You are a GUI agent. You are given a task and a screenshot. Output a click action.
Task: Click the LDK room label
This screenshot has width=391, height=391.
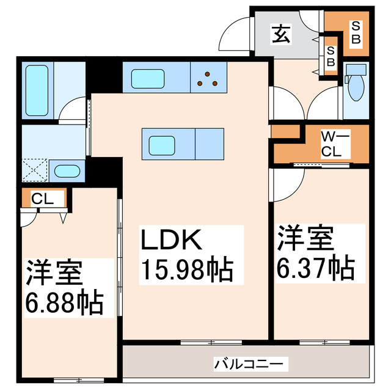click(x=172, y=240)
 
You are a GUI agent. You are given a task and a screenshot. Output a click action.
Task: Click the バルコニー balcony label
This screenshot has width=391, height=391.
click(x=248, y=365)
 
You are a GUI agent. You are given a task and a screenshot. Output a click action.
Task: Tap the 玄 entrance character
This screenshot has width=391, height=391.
click(x=281, y=35)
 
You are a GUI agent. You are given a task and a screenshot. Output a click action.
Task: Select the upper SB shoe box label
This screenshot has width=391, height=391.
click(x=356, y=31)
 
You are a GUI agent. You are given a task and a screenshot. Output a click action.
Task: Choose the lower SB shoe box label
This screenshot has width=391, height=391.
click(x=331, y=59)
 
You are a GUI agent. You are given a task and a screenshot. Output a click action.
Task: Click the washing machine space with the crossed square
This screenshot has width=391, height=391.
click(x=34, y=170)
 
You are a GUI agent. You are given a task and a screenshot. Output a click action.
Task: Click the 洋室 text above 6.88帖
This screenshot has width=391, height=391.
click(x=53, y=272)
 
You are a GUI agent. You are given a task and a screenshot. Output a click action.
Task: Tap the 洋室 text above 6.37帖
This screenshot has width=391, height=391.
click(x=306, y=238)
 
